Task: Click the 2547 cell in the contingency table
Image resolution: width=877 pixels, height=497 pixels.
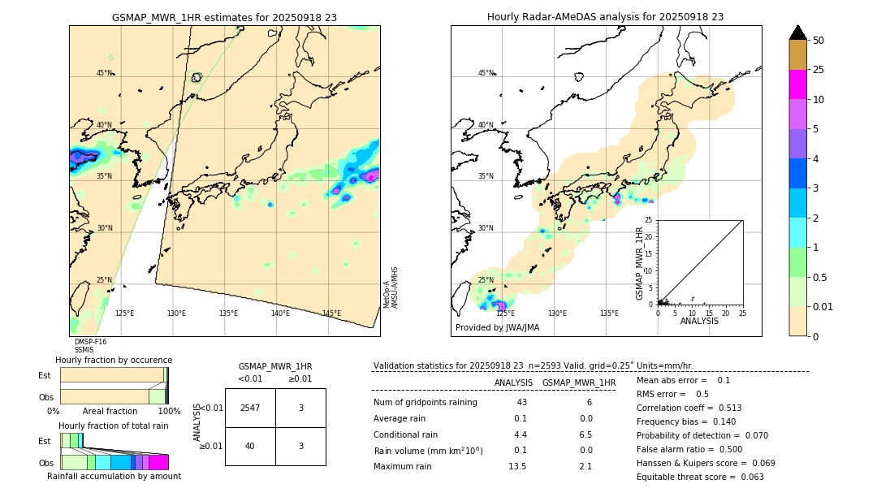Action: pos(250,408)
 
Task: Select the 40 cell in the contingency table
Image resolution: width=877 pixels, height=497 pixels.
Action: pos(250,446)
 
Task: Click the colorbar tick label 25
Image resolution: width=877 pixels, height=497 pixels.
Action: pos(819,70)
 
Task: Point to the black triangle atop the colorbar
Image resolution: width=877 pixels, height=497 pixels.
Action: pos(798,32)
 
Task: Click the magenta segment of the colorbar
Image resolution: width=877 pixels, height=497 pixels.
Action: pos(798,84)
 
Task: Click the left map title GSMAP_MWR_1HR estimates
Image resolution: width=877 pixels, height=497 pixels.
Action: pos(224,16)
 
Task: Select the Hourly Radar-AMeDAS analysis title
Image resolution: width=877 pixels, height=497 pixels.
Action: pos(605,16)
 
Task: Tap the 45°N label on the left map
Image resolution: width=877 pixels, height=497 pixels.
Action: pos(104,73)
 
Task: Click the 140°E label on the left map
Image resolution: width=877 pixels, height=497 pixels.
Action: pos(280,313)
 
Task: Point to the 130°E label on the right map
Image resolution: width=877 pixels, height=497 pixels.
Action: pos(557,313)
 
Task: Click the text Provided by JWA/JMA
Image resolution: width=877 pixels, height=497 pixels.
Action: pos(497,328)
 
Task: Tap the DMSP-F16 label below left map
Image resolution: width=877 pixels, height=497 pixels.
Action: pos(90,342)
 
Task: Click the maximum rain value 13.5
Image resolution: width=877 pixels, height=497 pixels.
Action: pos(517,466)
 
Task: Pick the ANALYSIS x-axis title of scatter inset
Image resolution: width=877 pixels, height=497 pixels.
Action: pos(699,321)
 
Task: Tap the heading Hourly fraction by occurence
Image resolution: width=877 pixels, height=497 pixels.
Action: pos(114,360)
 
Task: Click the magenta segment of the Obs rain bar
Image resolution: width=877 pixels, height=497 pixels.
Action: pos(158,462)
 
